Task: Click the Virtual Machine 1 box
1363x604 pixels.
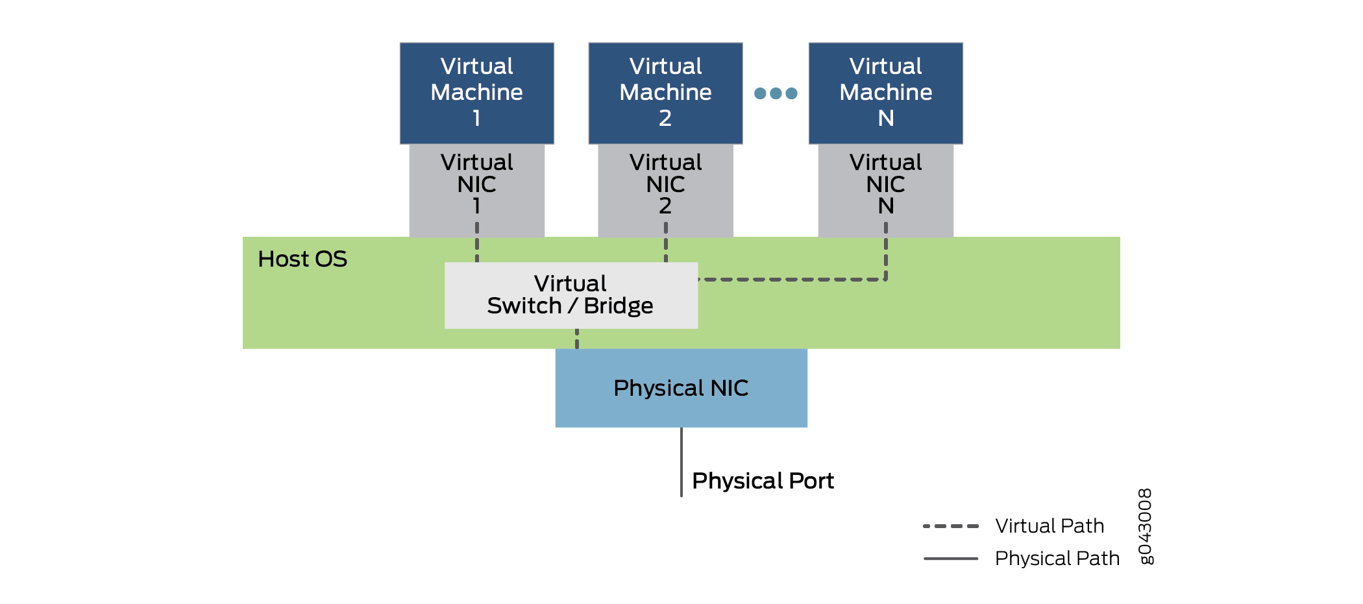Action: pyautogui.click(x=476, y=93)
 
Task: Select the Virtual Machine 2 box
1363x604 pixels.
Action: pyautogui.click(x=665, y=93)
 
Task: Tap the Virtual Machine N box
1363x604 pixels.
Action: pyautogui.click(x=885, y=93)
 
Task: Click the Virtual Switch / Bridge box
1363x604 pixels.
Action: pyautogui.click(x=571, y=295)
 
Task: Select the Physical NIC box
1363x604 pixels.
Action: pyautogui.click(x=681, y=388)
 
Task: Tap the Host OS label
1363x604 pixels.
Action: pyautogui.click(x=302, y=260)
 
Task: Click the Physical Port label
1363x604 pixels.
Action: pyautogui.click(x=763, y=481)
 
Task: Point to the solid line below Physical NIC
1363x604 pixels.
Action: pyautogui.click(x=681, y=462)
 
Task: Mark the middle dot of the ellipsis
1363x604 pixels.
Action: pyautogui.click(x=776, y=93)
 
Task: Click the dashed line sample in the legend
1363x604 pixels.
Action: pyautogui.click(x=950, y=526)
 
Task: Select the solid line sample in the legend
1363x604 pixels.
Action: pyautogui.click(x=950, y=558)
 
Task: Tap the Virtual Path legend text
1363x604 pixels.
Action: pyautogui.click(x=1050, y=526)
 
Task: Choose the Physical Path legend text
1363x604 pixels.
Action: pyautogui.click(x=1057, y=558)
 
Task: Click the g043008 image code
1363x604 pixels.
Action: pyautogui.click(x=1146, y=526)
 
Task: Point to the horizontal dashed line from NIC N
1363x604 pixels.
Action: pyautogui.click(x=792, y=280)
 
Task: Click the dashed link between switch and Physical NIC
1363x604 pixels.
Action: pyautogui.click(x=576, y=339)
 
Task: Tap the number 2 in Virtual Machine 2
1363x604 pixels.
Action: pyautogui.click(x=665, y=118)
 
